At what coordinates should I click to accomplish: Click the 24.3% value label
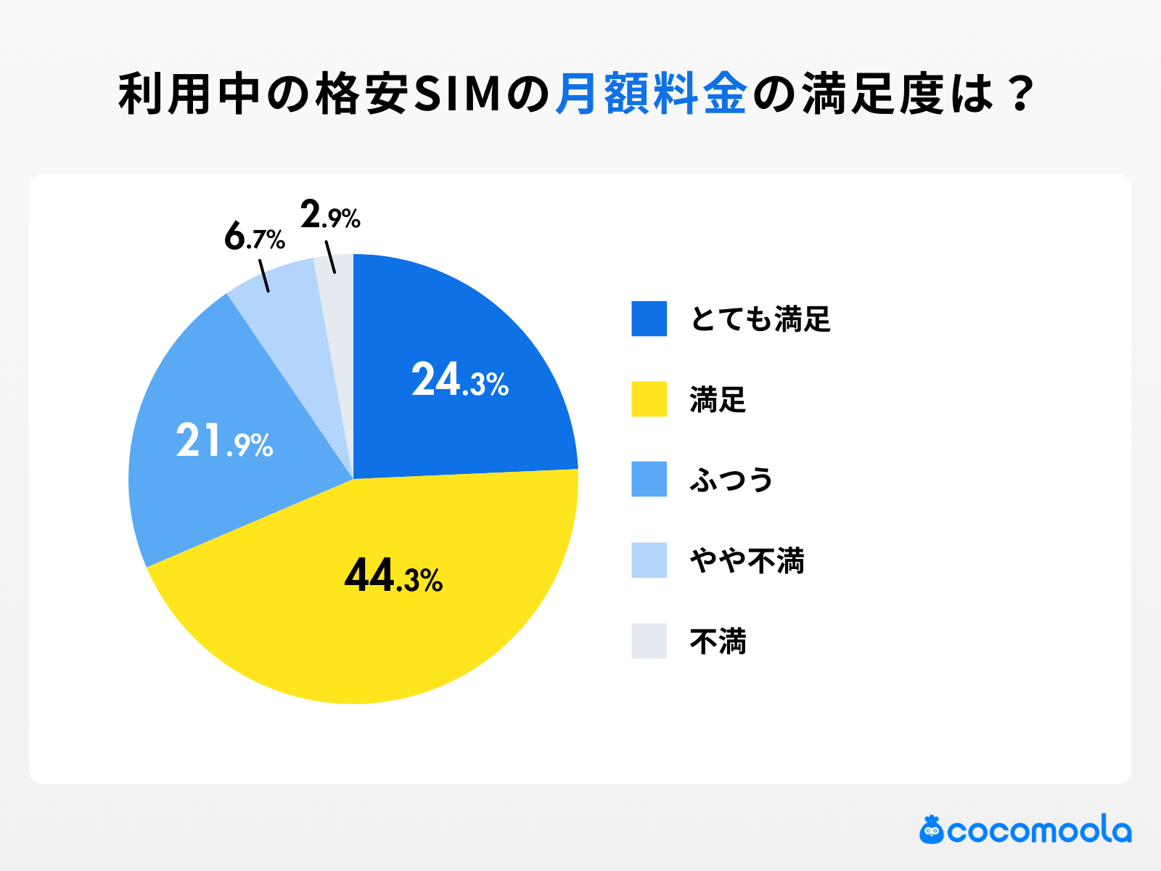click(460, 380)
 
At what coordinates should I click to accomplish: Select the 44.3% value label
click(393, 576)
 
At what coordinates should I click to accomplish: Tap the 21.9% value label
click(224, 441)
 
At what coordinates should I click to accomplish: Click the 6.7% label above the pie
click(254, 237)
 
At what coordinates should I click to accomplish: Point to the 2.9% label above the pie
click(330, 216)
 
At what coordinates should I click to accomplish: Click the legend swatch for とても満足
click(649, 319)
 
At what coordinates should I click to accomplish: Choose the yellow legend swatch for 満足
click(649, 399)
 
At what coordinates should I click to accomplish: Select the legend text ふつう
click(731, 480)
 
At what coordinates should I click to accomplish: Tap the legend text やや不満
click(747, 560)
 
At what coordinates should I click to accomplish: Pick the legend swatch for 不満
click(649, 641)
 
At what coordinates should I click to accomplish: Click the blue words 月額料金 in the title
click(651, 94)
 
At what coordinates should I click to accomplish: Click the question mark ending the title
click(1020, 94)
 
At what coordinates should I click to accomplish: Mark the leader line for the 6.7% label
click(264, 277)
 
